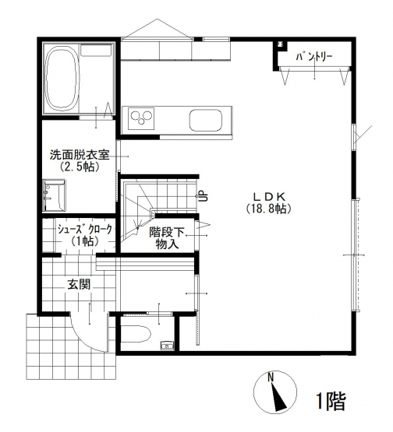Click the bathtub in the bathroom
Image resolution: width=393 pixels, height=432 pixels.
coord(61,79)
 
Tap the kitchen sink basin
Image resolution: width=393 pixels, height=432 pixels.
coord(206,121)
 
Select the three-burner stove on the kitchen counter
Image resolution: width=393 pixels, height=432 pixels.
coord(142,119)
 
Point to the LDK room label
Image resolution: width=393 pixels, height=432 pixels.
coord(269,196)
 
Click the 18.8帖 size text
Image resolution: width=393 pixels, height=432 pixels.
coord(269,209)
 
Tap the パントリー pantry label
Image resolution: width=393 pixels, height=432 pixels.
coord(314,57)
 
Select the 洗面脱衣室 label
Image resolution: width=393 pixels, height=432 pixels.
coord(80,155)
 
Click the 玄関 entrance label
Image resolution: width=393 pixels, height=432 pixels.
coord(80,284)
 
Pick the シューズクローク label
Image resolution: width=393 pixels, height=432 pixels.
coord(84,229)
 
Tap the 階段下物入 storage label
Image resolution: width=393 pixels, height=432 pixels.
coord(166,238)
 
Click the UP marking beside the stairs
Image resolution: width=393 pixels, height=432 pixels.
coord(204,196)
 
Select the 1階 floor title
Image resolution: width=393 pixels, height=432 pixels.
coord(331,402)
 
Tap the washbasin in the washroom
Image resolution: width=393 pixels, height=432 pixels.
coord(54,195)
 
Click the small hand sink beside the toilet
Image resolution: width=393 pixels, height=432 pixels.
coord(168,346)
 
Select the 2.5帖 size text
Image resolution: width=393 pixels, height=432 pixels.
coord(80,167)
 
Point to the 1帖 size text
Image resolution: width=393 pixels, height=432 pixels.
coord(85,241)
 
